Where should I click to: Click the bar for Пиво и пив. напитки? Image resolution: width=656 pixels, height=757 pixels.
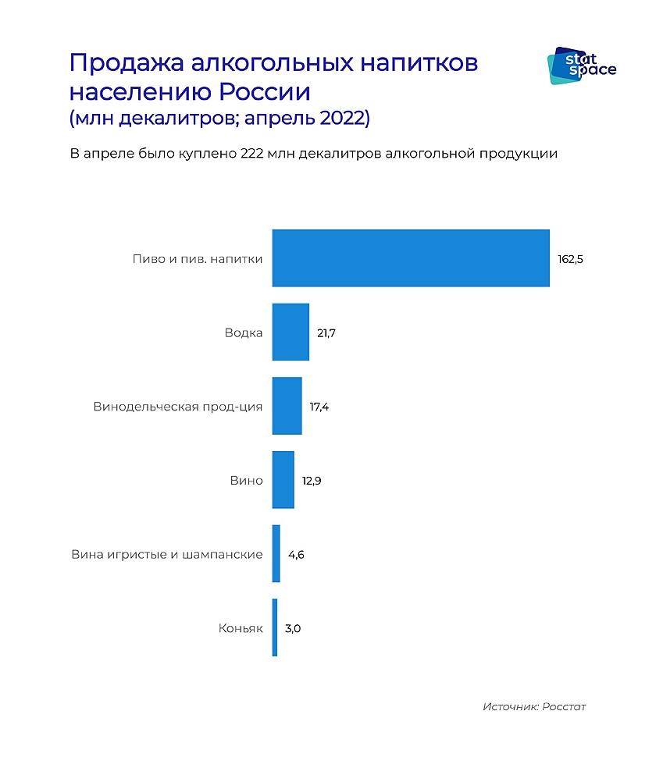411,258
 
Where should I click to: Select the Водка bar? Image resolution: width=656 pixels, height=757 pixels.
291,332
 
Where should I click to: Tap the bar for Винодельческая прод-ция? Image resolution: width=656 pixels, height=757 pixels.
287,406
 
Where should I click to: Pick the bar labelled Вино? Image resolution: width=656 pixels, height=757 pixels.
283,480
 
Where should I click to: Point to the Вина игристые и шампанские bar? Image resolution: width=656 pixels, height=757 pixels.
276,554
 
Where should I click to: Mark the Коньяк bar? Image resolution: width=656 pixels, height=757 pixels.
275,627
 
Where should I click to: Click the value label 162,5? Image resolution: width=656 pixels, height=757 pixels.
570,259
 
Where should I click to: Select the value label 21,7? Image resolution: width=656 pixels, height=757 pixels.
326,333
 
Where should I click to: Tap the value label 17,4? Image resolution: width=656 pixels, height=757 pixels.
319,407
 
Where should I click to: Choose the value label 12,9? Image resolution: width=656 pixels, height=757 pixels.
312,481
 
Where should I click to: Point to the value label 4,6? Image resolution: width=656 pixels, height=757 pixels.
296,555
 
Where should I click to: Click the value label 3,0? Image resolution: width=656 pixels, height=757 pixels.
292,628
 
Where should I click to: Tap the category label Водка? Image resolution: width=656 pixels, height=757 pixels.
243,333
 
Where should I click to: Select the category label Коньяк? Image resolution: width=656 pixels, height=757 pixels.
241,628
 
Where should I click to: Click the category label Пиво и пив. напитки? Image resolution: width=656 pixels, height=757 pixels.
198,259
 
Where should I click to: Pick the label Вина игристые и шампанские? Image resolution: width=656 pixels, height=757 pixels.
166,555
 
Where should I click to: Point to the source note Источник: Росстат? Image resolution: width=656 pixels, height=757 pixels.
533,707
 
